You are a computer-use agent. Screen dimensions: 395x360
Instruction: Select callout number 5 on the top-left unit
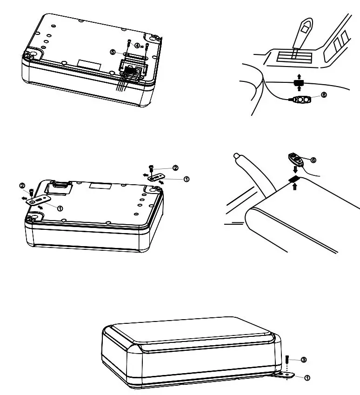pyautogui.click(x=113, y=52)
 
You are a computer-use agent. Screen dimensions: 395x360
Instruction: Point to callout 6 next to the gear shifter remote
pyautogui.click(x=324, y=94)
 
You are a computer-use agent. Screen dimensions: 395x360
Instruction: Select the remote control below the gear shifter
pyautogui.click(x=302, y=99)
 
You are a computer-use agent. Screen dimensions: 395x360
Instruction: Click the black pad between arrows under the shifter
pyautogui.click(x=299, y=83)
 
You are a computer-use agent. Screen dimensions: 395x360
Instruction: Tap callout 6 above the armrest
pyautogui.click(x=313, y=160)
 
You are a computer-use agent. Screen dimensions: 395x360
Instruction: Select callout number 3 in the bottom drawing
pyautogui.click(x=303, y=360)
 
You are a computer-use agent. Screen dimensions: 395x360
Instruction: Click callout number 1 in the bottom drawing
pyautogui.click(x=307, y=378)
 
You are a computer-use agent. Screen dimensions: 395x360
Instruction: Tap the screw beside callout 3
pyautogui.click(x=287, y=360)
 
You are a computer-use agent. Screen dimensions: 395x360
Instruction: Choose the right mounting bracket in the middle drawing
pyautogui.click(x=153, y=177)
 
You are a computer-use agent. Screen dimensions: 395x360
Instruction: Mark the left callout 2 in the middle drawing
pyautogui.click(x=22, y=186)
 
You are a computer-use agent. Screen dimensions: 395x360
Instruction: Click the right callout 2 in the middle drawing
pyautogui.click(x=175, y=167)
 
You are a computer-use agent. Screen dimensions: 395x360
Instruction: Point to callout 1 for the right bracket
pyautogui.click(x=187, y=179)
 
